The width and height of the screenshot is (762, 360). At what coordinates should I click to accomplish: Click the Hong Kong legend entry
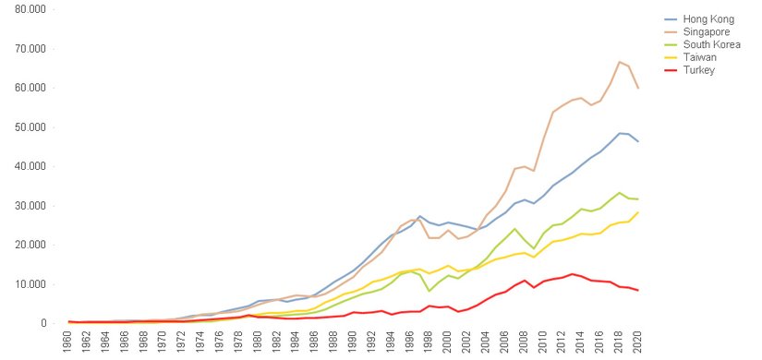coord(707,18)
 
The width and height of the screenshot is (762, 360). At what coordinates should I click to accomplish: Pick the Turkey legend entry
coord(698,70)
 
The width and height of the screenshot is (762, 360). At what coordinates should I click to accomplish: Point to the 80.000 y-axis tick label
coord(30,9)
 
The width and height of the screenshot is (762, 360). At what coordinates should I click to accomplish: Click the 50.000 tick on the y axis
coord(30,126)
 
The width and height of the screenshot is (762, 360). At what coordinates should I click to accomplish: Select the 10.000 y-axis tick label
coord(30,283)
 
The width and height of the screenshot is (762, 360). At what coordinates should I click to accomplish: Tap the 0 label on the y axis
coord(42,323)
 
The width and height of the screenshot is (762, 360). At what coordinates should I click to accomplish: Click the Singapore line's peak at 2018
coord(618,62)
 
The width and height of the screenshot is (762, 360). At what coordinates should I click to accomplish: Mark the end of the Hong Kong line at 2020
coord(637,141)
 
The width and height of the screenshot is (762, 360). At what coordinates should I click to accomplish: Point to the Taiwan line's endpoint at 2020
coord(637,212)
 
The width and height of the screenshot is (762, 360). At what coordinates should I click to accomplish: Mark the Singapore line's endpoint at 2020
coord(637,88)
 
